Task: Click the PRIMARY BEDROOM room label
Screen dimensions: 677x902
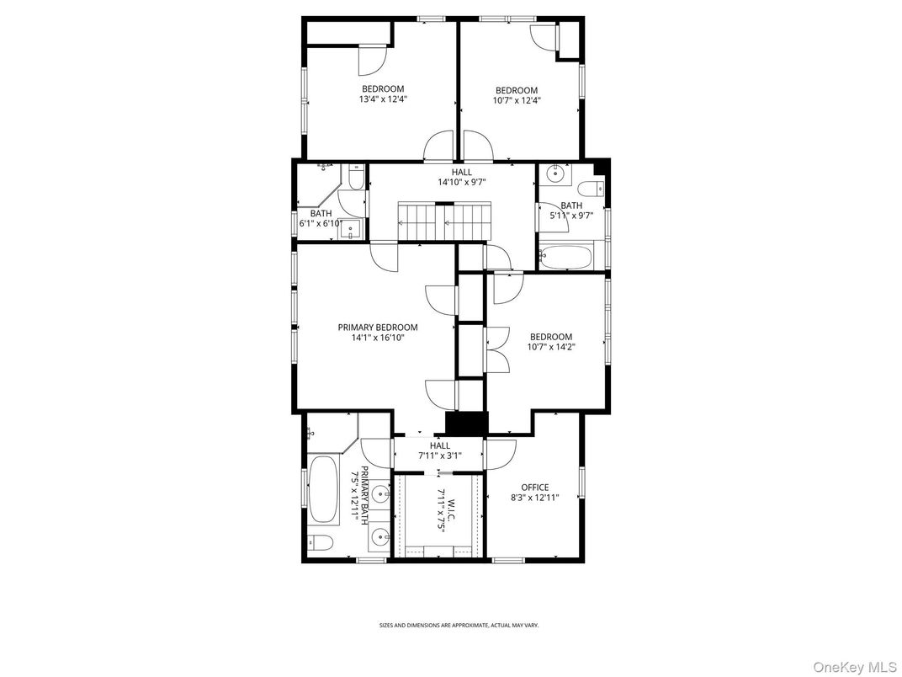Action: (x=378, y=328)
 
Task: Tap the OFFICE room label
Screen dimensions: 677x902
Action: (x=534, y=487)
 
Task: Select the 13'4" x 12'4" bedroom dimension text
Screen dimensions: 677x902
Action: (x=383, y=99)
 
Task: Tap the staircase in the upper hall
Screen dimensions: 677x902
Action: (x=443, y=221)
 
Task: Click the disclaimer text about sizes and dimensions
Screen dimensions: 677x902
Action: (x=459, y=625)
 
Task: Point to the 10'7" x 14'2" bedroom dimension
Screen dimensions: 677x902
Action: (x=551, y=347)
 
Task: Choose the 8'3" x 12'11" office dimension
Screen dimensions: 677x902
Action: (x=534, y=498)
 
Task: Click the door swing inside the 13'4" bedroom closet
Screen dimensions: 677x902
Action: (x=371, y=60)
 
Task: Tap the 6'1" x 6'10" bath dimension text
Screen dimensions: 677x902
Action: (x=321, y=223)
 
